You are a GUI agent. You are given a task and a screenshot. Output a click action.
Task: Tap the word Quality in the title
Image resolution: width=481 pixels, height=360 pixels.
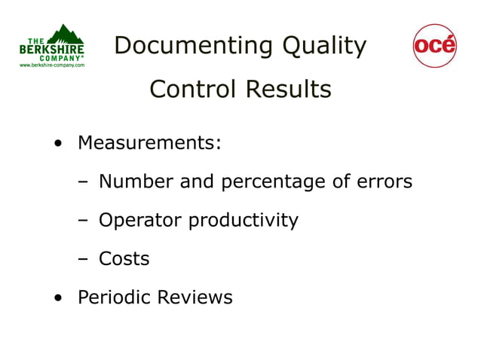(x=324, y=47)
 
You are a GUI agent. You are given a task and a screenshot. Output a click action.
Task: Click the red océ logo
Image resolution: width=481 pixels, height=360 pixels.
(x=435, y=46)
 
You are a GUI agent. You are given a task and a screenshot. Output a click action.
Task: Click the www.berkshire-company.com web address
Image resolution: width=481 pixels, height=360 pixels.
(x=52, y=66)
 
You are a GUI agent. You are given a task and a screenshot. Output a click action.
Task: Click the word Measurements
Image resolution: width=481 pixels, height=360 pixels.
(x=149, y=142)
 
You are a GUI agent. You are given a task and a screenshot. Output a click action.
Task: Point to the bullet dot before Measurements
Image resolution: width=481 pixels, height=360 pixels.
(x=58, y=143)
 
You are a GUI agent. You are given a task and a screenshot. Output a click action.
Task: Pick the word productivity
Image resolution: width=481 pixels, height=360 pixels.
(x=243, y=221)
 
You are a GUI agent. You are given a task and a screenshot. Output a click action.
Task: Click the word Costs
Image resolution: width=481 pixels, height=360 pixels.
(x=124, y=259)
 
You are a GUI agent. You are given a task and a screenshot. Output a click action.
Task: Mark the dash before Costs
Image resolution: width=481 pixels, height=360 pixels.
(x=84, y=259)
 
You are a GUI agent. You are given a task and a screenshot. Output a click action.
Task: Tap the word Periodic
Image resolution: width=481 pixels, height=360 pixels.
(x=114, y=297)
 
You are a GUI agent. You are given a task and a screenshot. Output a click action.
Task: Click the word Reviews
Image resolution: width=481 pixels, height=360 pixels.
(x=195, y=297)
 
